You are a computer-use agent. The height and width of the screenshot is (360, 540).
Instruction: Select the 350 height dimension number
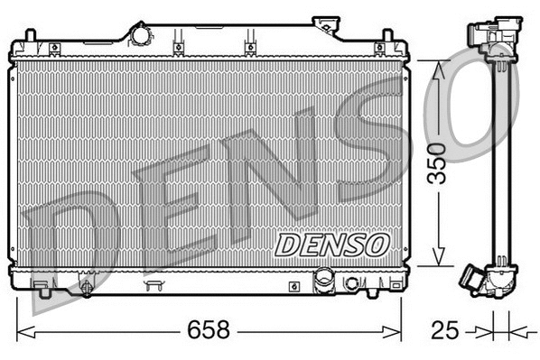coord(437,163)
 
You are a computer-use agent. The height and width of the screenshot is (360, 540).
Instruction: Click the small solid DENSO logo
coord(331,245)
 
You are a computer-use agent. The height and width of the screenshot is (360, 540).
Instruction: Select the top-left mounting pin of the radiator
coord(30,37)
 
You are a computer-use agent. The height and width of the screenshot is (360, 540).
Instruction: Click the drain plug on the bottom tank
coord(86,290)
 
